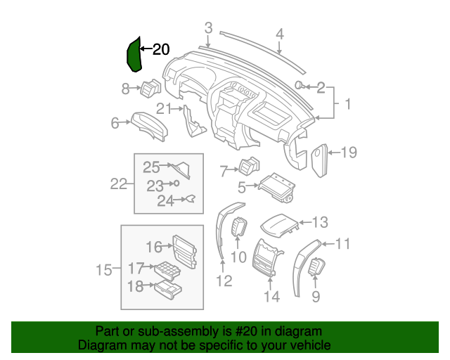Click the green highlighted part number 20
pyautogui.click(x=134, y=55)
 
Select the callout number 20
pyautogui.click(x=161, y=49)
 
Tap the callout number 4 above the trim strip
pyautogui.click(x=279, y=33)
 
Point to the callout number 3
pyautogui.click(x=208, y=27)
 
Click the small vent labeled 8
pyautogui.click(x=150, y=89)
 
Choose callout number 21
pyautogui.click(x=164, y=108)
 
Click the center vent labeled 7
pyautogui.click(x=250, y=168)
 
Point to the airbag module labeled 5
pyautogui.click(x=276, y=188)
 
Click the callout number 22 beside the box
pyautogui.click(x=119, y=184)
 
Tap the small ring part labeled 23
pyautogui.click(x=176, y=184)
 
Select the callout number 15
pyautogui.click(x=104, y=269)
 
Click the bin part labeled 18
pyautogui.click(x=169, y=288)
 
